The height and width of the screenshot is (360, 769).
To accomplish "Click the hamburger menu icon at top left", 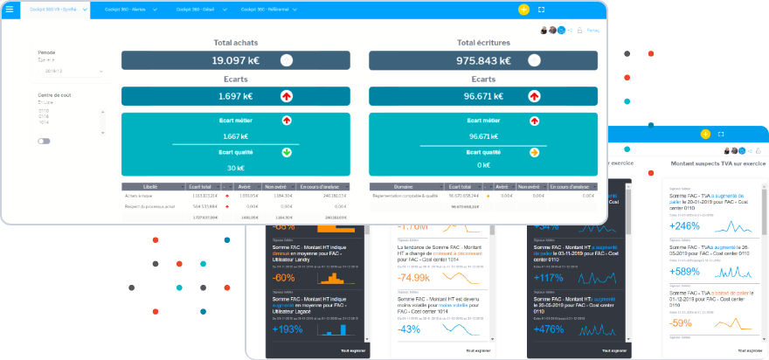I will (10, 10).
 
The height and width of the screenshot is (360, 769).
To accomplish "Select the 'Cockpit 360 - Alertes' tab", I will (126, 10).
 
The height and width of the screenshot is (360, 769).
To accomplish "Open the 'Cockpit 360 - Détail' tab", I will (197, 10).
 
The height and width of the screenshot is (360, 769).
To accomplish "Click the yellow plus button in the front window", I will (523, 10).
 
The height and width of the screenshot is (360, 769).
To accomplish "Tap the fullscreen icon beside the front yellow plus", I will (542, 10).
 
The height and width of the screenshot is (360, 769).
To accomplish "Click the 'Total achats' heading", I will (235, 42).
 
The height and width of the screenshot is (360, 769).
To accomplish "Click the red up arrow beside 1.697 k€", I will (287, 96).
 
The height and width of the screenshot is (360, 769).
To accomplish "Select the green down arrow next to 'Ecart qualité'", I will (287, 152).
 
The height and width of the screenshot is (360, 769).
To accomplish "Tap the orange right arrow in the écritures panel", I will (533, 152).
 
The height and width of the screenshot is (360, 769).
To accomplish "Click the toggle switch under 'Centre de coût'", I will (44, 141).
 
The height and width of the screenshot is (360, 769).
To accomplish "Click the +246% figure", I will (685, 225).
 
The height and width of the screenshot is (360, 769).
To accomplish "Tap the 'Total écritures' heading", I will (483, 42).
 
